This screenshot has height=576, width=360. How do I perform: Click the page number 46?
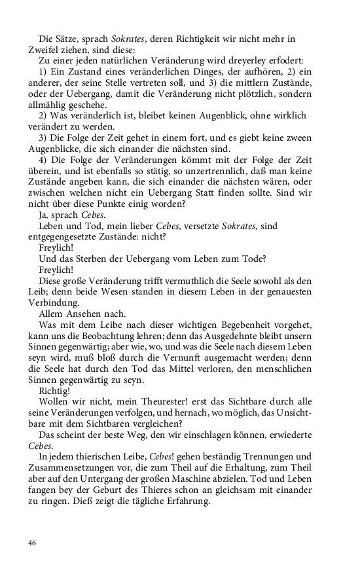point(32,543)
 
